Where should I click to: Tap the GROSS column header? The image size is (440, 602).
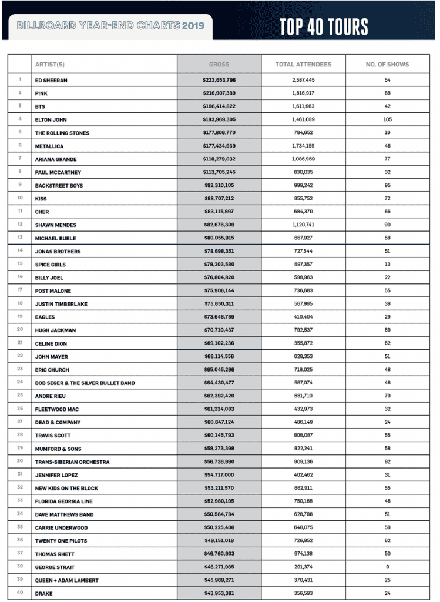[219, 65]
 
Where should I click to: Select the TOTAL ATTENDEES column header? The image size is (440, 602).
[303, 65]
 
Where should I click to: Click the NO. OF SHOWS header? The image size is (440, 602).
[387, 65]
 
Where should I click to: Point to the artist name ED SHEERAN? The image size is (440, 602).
[51, 80]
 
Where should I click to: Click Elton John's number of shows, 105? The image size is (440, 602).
[387, 120]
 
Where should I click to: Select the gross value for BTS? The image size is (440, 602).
[219, 106]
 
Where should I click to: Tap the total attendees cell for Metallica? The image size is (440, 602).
[303, 146]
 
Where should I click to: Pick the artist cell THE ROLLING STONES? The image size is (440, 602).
[62, 133]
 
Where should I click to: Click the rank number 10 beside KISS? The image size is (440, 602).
[19, 199]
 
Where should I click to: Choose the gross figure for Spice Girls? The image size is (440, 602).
[219, 265]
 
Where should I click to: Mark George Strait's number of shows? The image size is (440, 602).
[387, 567]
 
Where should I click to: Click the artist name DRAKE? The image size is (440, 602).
[45, 593]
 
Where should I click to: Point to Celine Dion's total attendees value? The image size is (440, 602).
[303, 343]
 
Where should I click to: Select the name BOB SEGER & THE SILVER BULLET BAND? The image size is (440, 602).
[85, 383]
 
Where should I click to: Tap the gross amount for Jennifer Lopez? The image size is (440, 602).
[219, 475]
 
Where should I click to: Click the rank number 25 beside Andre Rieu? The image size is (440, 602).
[19, 396]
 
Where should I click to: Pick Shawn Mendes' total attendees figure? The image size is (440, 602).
[303, 225]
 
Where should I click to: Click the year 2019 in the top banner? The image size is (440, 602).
[193, 26]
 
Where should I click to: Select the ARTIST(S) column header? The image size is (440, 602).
[49, 65]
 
